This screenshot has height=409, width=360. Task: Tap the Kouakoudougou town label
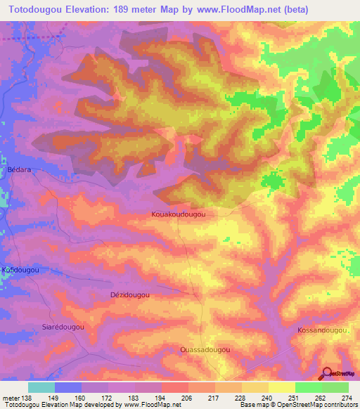point(179,214)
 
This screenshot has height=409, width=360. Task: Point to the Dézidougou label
point(130,295)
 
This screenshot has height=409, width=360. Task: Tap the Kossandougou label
point(323,330)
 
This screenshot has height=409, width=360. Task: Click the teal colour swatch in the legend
point(41,387)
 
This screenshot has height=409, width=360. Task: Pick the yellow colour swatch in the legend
point(282,387)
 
